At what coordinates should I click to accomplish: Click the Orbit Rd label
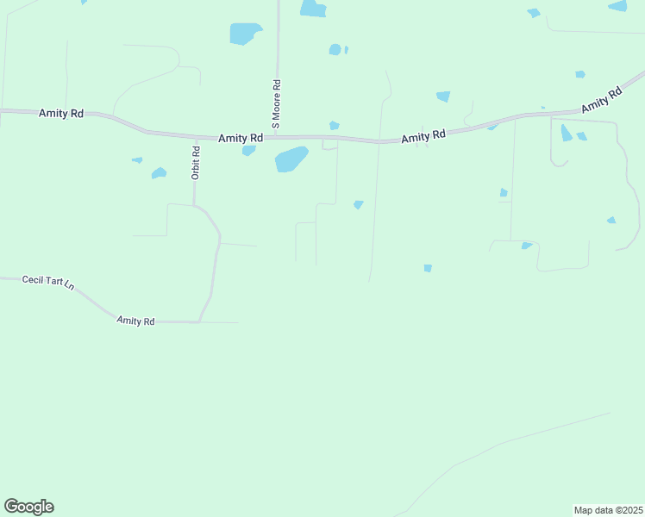click(197, 162)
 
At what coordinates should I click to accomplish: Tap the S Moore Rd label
click(277, 104)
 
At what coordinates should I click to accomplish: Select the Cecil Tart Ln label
click(48, 282)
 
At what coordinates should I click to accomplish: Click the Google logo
click(28, 507)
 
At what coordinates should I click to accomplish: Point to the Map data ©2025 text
click(608, 509)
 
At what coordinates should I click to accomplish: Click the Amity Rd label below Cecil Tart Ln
click(135, 321)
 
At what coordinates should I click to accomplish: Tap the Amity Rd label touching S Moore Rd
click(241, 138)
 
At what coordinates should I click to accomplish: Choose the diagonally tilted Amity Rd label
click(602, 100)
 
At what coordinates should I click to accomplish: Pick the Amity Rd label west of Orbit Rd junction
click(61, 113)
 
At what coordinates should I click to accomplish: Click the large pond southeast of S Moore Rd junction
click(291, 159)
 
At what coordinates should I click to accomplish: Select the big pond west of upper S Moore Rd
click(244, 34)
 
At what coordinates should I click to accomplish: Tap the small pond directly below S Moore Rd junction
click(249, 151)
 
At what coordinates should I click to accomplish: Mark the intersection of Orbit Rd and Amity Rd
click(196, 135)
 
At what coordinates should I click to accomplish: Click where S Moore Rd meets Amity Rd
click(277, 136)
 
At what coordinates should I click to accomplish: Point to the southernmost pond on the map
click(428, 268)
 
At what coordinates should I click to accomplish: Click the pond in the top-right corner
click(617, 6)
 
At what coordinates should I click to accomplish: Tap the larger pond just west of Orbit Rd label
click(159, 173)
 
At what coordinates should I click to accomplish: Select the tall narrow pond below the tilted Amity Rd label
click(566, 133)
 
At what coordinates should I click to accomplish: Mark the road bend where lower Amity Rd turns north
click(199, 321)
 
